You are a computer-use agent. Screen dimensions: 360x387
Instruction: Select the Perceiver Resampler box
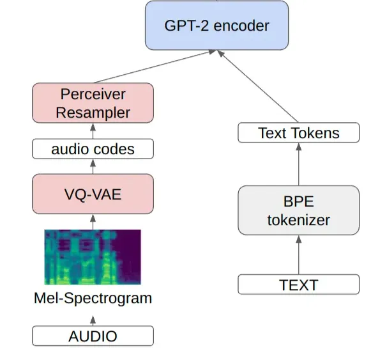tap(93, 103)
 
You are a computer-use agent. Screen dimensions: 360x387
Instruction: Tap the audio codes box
tap(93, 149)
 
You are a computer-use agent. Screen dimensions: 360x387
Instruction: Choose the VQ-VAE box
tap(93, 194)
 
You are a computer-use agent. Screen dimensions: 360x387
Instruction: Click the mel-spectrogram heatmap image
tap(93, 256)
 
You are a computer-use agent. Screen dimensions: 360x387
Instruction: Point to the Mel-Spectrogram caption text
tap(93, 298)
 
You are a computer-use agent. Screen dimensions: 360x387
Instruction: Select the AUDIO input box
tap(93, 336)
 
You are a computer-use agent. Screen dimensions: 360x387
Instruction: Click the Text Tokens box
tap(298, 133)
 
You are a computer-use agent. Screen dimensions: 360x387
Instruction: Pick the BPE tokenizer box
tap(298, 210)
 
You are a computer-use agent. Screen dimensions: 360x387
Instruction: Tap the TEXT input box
tap(298, 284)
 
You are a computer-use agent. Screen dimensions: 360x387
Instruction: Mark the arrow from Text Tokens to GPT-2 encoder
tap(259, 87)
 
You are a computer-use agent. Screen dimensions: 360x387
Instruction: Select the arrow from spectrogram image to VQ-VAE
tap(93, 222)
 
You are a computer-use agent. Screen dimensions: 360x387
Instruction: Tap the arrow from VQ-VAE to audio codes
tap(93, 166)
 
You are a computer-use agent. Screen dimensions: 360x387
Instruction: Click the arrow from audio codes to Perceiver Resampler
tap(93, 130)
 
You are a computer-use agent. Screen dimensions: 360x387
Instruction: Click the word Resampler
tap(93, 112)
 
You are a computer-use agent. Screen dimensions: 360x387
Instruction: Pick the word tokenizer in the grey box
tap(298, 219)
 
